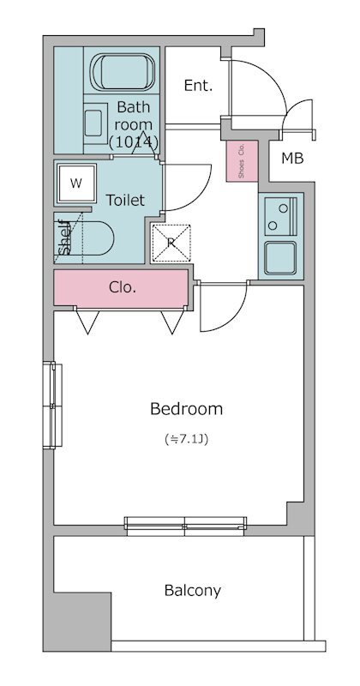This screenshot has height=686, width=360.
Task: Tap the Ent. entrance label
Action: [198, 85]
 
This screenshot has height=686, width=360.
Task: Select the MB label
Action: [292, 159]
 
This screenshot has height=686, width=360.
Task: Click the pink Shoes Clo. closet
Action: [242, 160]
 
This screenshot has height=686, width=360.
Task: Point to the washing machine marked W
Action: [76, 184]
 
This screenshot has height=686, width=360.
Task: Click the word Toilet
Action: [125, 201]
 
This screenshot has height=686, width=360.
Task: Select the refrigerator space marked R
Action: [171, 244]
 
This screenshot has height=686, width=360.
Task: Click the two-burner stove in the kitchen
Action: [280, 216]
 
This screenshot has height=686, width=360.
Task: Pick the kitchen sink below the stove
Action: [280, 258]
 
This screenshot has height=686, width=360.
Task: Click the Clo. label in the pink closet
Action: [122, 287]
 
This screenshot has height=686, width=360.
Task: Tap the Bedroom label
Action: [186, 409]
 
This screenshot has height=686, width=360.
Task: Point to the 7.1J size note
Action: [186, 438]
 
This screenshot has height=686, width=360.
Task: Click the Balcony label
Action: [193, 591]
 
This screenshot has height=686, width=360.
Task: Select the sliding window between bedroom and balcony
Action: [185, 527]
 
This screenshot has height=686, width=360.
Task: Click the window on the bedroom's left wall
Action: [52, 405]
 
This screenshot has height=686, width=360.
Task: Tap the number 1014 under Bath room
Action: [134, 142]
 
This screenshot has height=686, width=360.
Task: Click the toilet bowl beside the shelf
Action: [95, 238]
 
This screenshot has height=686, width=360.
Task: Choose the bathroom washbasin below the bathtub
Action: [96, 123]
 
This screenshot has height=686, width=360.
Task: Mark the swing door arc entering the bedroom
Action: [234, 318]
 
